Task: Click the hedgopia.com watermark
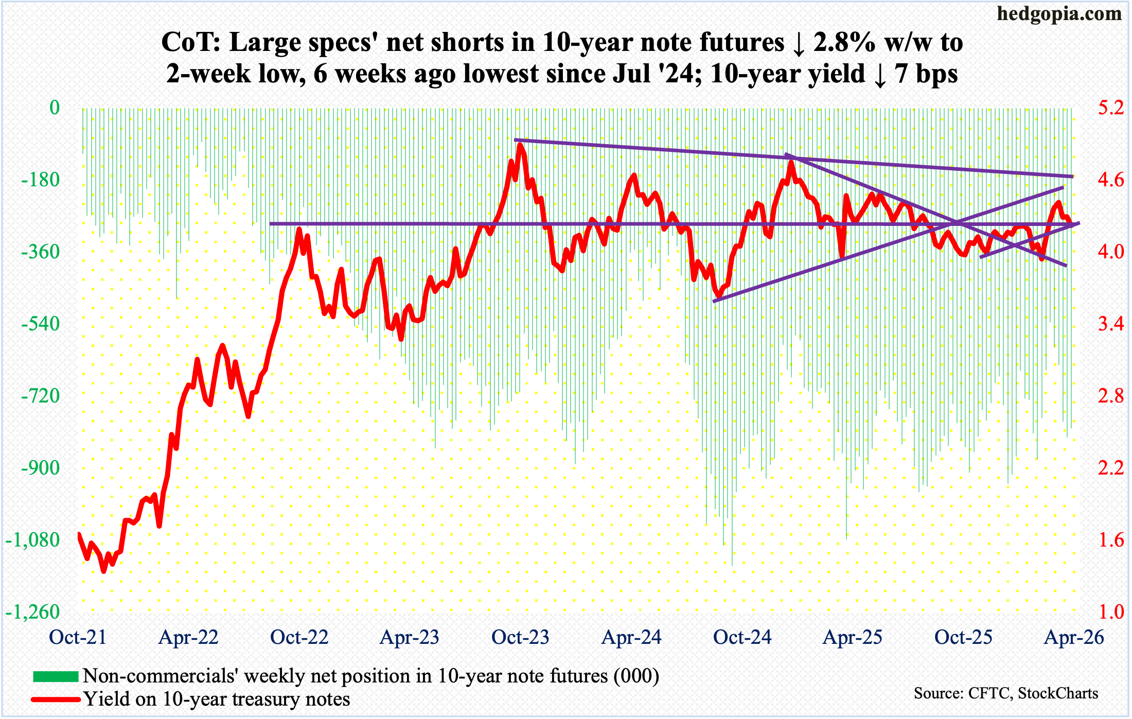coord(1059,14)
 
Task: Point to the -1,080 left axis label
coord(33,540)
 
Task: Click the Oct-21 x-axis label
coord(78,637)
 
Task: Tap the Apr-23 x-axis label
coord(409,637)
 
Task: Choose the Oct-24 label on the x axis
coord(742,637)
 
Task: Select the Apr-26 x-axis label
coord(1074,637)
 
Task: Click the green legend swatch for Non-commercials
coord(56,676)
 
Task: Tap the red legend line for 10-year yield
coord(56,699)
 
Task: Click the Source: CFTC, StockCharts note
coord(1005,693)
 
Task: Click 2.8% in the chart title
coord(844,42)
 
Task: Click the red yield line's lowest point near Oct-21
coord(104,571)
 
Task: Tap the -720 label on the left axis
coord(40,396)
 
